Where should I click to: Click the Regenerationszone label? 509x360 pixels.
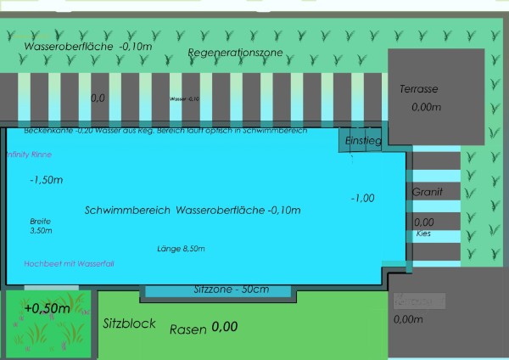pos(235,53)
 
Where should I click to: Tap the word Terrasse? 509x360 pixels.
pos(419,89)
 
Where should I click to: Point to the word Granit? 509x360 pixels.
pos(427,193)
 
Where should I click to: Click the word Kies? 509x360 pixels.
pos(423,233)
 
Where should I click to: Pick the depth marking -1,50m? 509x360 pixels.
pos(46,180)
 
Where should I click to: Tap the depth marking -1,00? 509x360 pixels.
pos(362,198)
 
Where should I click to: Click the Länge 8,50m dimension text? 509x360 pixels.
pos(181,249)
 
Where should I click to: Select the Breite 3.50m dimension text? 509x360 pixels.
pos(41,225)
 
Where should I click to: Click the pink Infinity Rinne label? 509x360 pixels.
pos(29,155)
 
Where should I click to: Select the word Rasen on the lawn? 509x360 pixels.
pos(187,329)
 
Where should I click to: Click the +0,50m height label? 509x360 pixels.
pos(47,307)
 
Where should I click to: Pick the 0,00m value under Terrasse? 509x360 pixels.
pos(427,108)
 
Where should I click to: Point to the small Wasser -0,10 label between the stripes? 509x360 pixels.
pos(184,99)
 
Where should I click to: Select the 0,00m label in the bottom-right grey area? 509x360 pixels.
pos(409,319)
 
